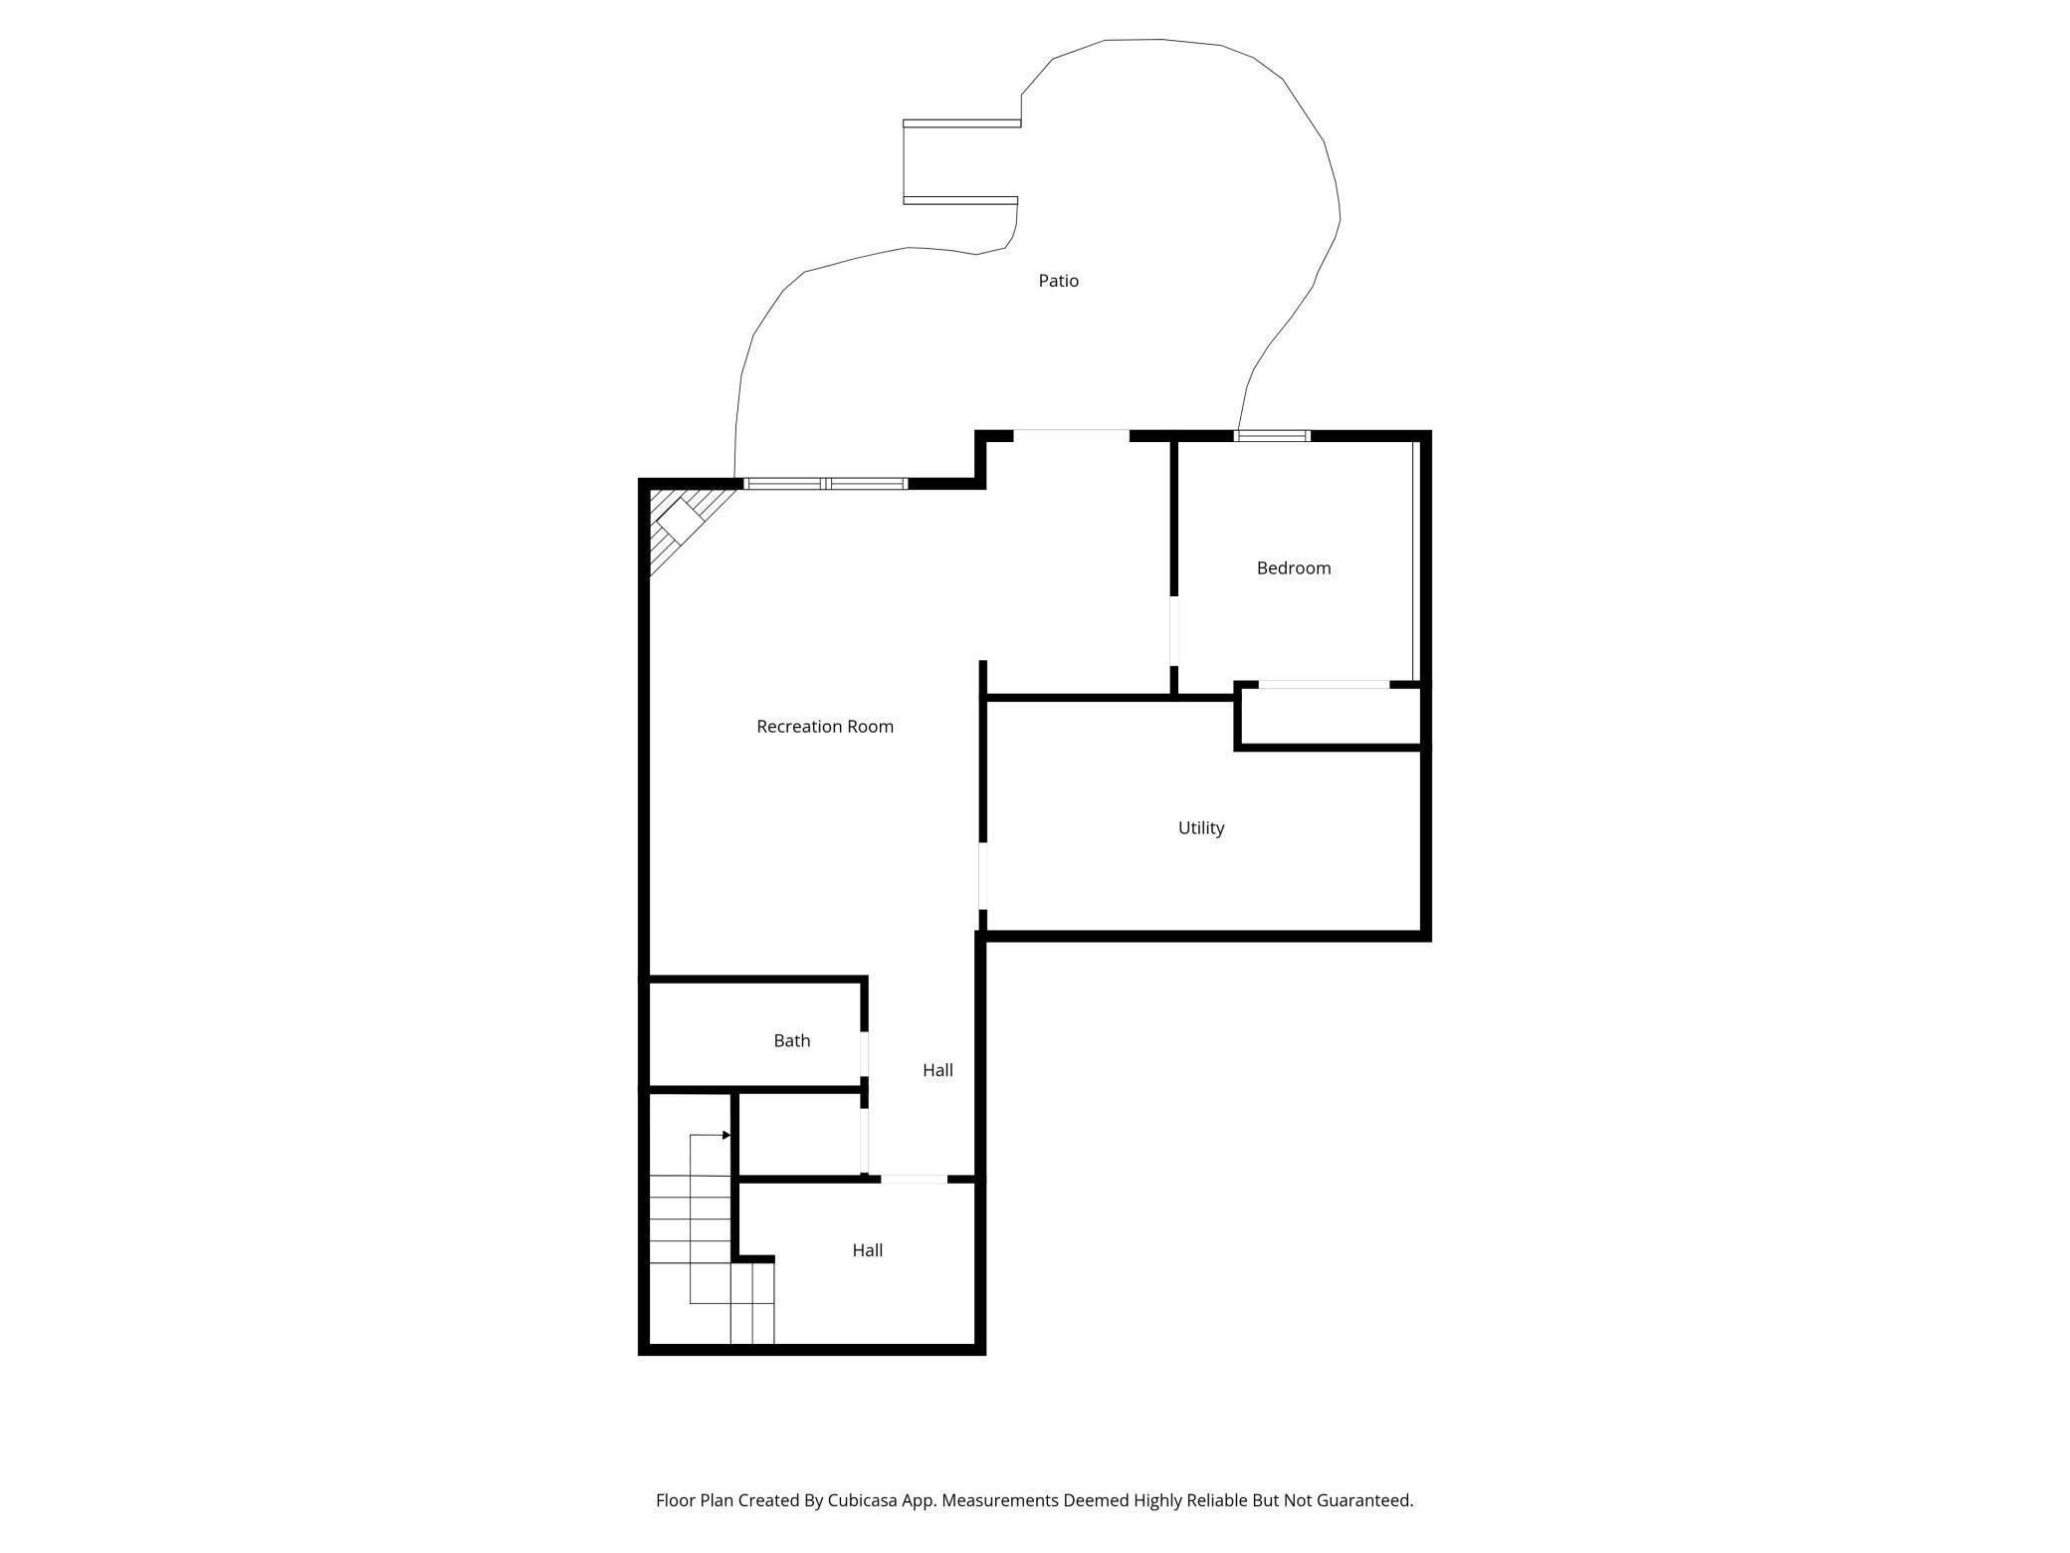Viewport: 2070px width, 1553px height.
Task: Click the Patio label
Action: [x=1058, y=281]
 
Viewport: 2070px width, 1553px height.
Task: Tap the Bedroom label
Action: [x=1293, y=568]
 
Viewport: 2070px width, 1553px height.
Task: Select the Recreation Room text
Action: [x=824, y=727]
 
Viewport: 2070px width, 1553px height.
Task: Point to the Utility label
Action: [x=1200, y=828]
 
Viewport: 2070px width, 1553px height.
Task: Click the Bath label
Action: [x=791, y=1041]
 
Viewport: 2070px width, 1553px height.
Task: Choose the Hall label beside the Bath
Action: [x=937, y=1071]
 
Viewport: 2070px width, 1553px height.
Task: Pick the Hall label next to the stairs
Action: [x=867, y=1251]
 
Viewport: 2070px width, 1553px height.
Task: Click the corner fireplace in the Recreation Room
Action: [x=680, y=521]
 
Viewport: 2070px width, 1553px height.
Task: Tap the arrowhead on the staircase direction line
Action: [x=726, y=1135]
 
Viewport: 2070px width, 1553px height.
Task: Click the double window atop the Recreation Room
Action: [x=826, y=484]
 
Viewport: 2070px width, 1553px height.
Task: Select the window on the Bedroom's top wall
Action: [x=1272, y=436]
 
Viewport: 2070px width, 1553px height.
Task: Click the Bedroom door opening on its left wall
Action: [x=1174, y=630]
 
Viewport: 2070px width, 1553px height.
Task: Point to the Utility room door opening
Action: [x=983, y=876]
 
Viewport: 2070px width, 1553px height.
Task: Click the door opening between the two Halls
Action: [x=914, y=1180]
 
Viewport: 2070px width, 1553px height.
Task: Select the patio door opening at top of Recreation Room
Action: [x=1071, y=434]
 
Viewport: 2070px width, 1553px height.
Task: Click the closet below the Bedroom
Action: [x=1329, y=716]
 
